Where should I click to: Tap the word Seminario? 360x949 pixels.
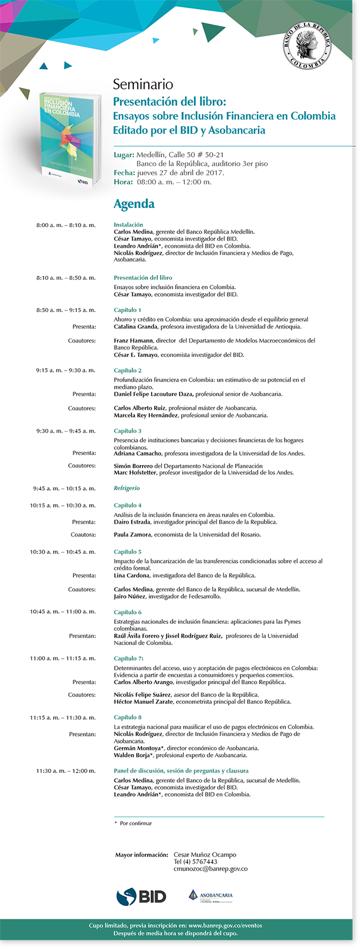(x=142, y=84)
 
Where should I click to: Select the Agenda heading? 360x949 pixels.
(x=134, y=204)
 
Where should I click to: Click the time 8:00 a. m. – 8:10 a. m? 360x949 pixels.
(x=66, y=225)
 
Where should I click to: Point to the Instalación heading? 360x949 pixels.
(x=128, y=225)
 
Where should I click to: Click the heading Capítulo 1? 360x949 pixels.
(x=127, y=310)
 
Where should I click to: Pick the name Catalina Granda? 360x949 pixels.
(x=136, y=327)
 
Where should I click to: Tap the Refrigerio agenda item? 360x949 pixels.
(x=127, y=488)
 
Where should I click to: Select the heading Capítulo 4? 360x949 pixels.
(x=128, y=505)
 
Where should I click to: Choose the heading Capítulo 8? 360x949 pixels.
(x=128, y=718)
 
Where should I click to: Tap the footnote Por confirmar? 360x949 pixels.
(x=136, y=823)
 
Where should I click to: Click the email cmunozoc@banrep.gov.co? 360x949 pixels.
(x=210, y=869)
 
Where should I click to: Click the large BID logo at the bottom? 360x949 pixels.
(x=141, y=896)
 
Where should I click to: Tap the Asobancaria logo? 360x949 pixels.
(x=211, y=896)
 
